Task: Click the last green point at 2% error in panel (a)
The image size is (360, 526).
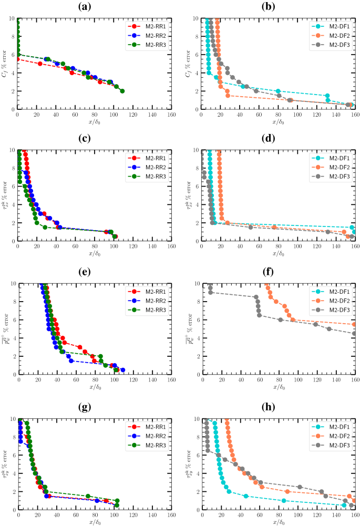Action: pos(122,91)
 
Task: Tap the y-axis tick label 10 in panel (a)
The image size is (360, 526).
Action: pos(11,18)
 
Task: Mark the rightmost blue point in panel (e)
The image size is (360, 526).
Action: pos(122,370)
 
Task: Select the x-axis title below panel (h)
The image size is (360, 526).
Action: pos(279,521)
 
